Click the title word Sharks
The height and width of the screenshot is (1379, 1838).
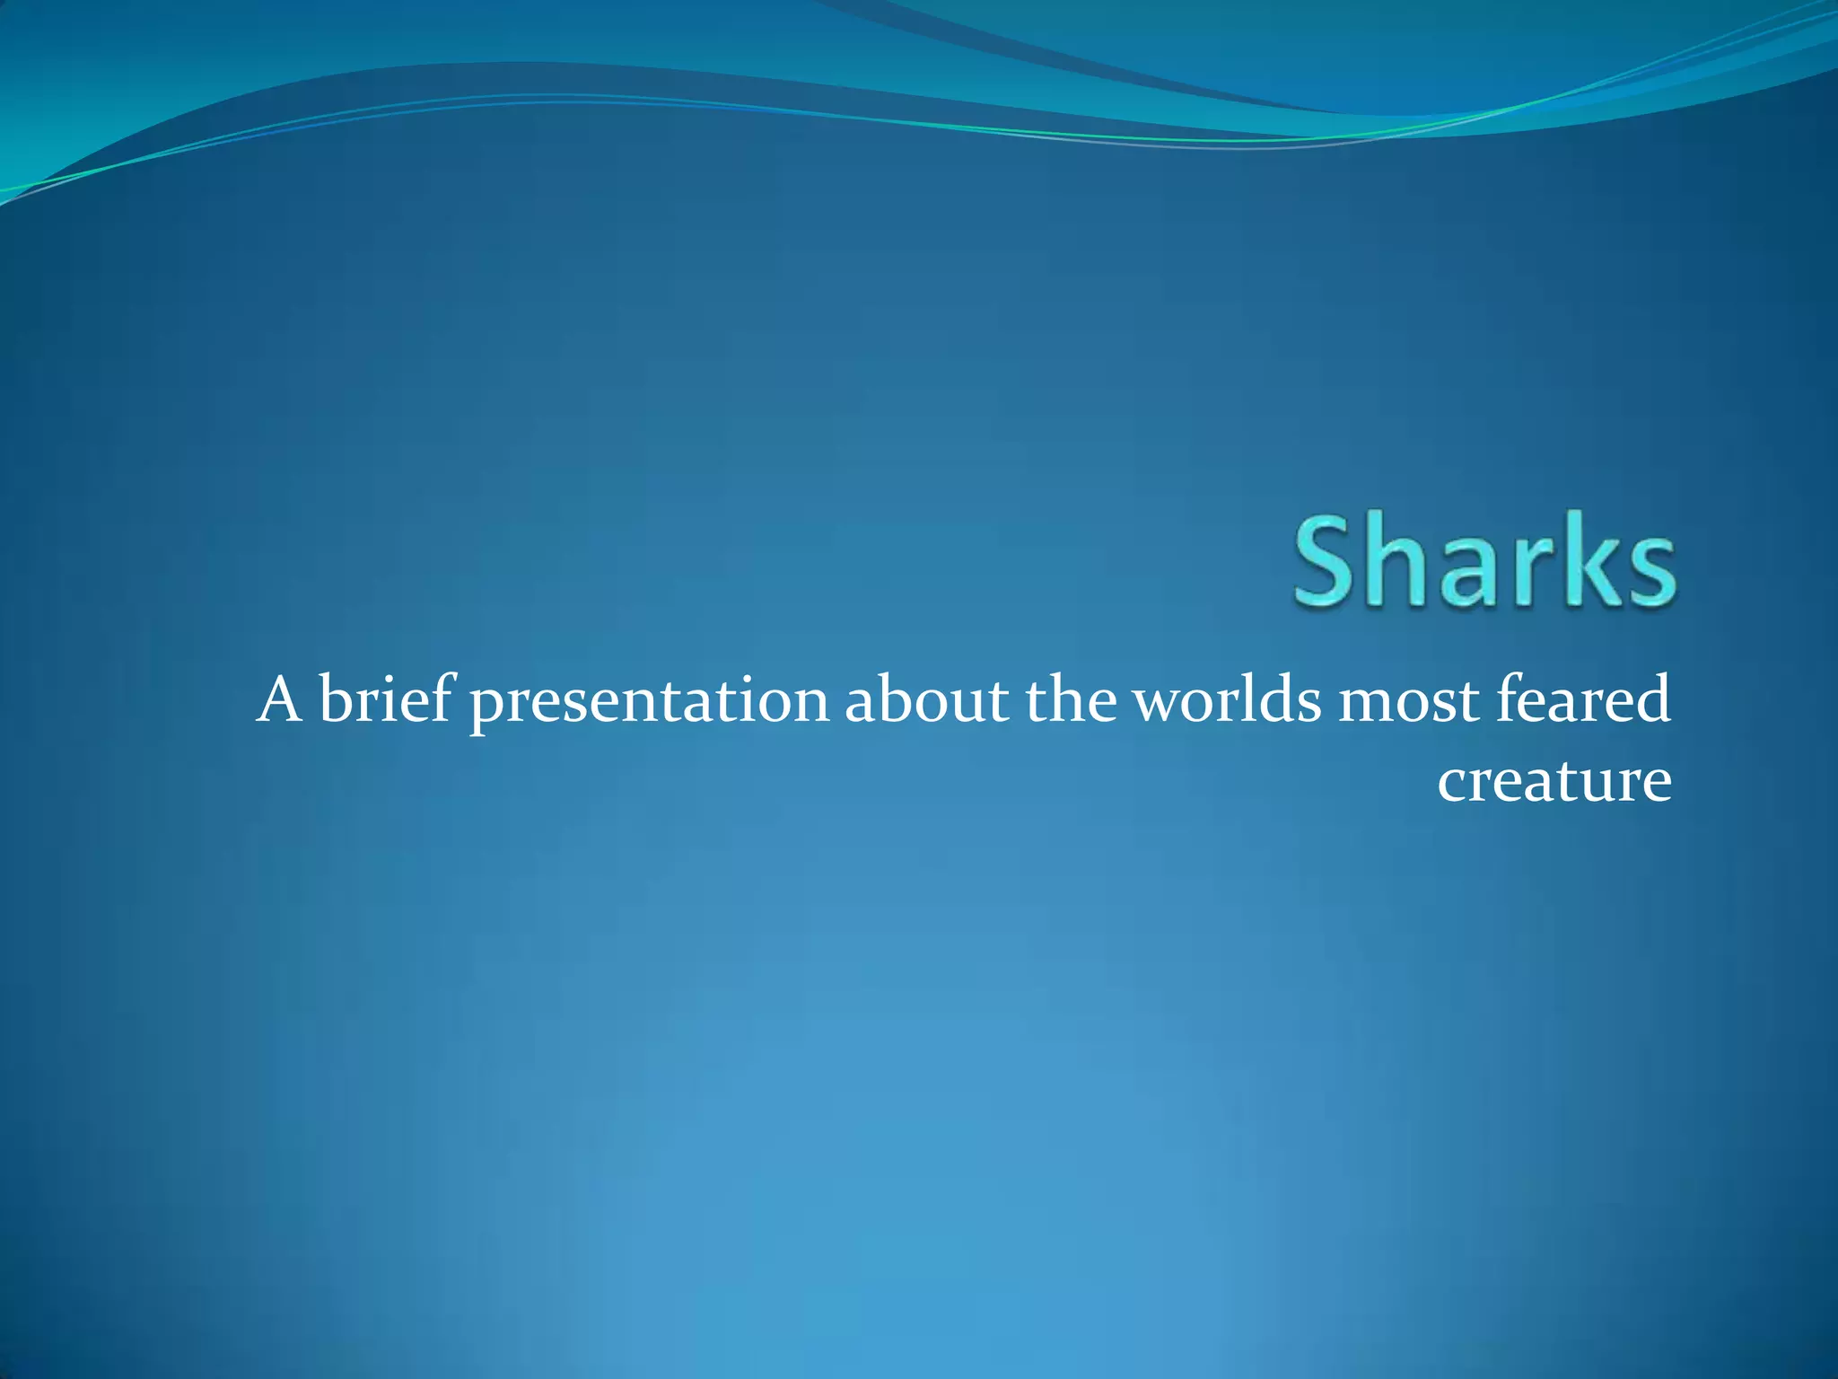point(1484,564)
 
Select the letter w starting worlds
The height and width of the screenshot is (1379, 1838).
point(1158,704)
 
